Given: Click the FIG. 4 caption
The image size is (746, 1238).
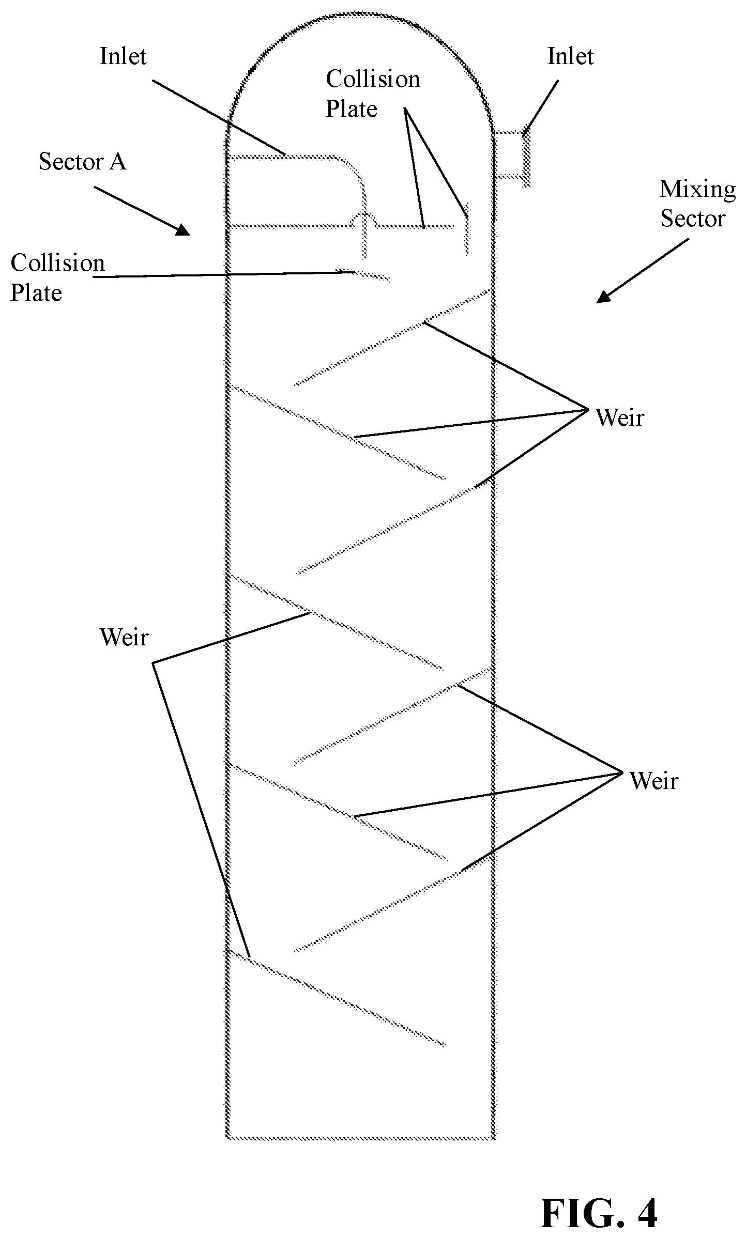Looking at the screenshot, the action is coord(599,1198).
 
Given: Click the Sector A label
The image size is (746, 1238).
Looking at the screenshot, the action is coord(83,162).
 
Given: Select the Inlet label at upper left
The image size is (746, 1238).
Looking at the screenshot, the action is coord(123,56).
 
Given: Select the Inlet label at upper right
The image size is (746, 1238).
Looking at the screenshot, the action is coord(570,56).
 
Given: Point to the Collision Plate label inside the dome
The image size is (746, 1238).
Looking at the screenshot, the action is coord(373,94).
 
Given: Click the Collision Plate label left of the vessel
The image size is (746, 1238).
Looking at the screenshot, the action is coord(57,278).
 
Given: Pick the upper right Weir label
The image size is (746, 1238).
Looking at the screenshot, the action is coord(620,417).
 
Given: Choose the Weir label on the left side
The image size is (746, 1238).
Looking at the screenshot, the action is coord(124,637).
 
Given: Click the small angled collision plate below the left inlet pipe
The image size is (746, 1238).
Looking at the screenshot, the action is coord(363,275).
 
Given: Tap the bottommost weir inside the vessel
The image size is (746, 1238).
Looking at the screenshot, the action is coord(336,998).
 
